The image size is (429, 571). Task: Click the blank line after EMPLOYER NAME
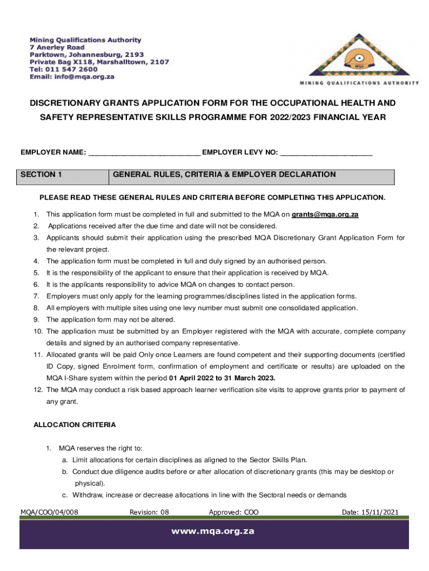point(144,153)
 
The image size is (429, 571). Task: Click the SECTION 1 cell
point(64,175)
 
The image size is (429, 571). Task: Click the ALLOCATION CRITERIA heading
point(75,425)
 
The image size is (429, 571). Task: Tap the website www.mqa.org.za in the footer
point(214,531)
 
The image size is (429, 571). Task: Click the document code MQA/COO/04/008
point(50,512)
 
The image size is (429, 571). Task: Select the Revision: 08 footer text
point(149,512)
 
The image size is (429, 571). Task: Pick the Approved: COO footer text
point(233,512)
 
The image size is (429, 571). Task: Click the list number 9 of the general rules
point(36,320)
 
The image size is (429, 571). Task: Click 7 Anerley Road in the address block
point(57,48)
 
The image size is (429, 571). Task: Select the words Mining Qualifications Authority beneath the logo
point(359,83)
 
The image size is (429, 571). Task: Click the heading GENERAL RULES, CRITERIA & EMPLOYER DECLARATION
point(224,175)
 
